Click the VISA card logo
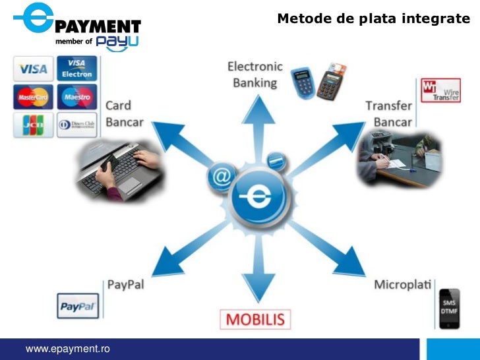click(x=33, y=68)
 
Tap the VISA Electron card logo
click(x=76, y=68)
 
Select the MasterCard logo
click(x=33, y=97)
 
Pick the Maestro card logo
click(x=76, y=97)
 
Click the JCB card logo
click(x=33, y=125)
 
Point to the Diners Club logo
click(x=76, y=125)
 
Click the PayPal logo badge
click(x=78, y=307)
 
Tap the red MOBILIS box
click(x=255, y=320)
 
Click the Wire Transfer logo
click(x=441, y=90)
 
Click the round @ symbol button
click(x=222, y=177)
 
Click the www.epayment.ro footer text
click(x=67, y=348)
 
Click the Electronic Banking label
click(x=255, y=75)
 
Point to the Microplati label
click(x=402, y=285)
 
